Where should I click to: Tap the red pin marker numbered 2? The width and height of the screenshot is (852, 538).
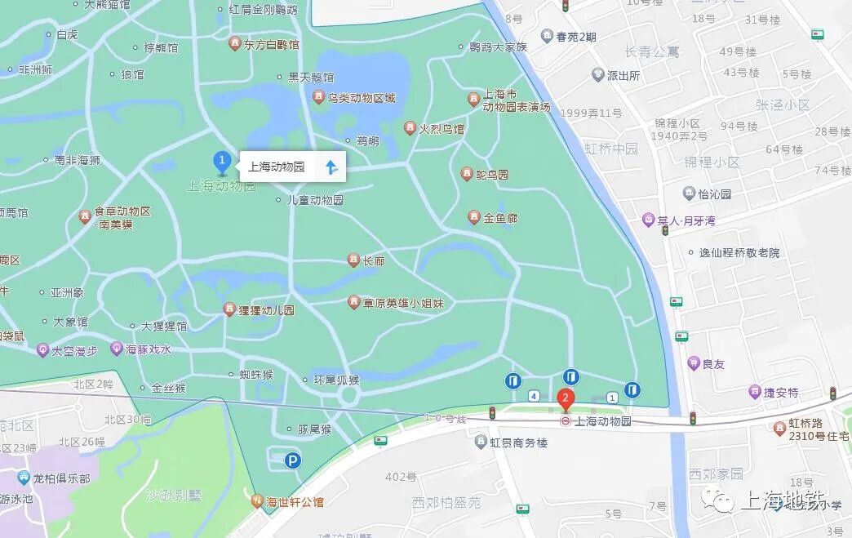click(565, 399)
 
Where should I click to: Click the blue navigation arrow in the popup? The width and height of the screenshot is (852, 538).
click(331, 167)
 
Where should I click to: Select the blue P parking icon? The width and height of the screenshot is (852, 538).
click(292, 461)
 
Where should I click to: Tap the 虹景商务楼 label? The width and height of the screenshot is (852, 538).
click(518, 442)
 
